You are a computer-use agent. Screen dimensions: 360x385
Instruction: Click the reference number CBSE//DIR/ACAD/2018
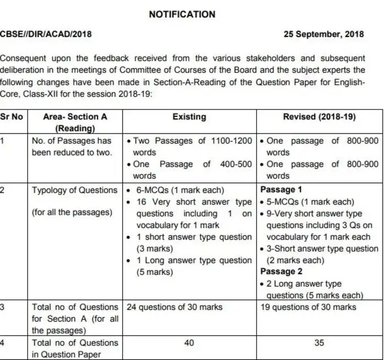tap(46, 35)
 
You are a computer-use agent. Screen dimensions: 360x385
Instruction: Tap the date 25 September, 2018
tap(324, 35)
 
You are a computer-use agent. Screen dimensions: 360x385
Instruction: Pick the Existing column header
tap(189, 117)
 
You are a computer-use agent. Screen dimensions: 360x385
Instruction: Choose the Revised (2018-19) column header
tap(319, 117)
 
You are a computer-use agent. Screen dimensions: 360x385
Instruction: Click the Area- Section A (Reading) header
tap(75, 122)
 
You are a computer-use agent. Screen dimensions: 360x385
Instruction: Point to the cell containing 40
tap(189, 343)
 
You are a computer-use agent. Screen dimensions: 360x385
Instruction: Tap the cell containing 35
tap(319, 343)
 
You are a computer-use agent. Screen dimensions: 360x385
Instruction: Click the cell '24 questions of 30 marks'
tap(174, 307)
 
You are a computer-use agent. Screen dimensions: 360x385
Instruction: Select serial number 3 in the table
tap(3, 307)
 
